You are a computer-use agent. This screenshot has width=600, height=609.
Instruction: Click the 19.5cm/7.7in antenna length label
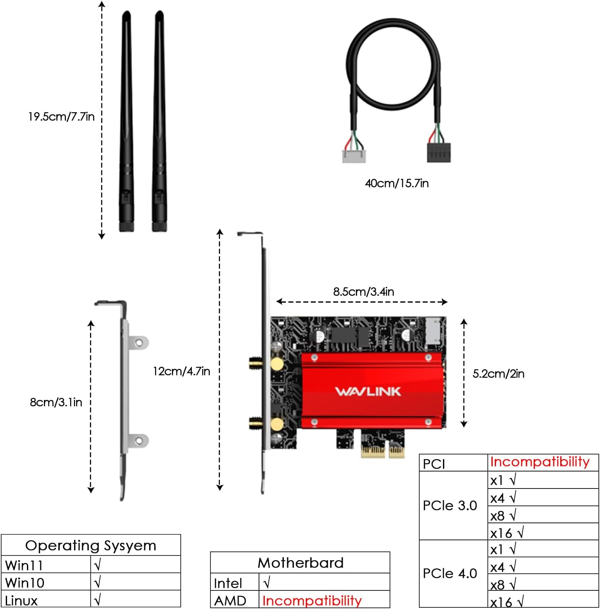61,117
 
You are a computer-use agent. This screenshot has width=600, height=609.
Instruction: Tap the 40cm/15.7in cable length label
397,183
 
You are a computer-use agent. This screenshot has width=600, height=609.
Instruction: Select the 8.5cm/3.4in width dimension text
363,292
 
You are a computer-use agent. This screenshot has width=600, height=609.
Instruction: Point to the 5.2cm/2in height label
498,374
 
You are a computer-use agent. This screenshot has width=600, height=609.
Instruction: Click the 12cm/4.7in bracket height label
181,371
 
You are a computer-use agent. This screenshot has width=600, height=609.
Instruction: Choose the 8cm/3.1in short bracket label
56,402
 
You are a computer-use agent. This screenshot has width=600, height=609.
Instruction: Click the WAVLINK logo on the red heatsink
368,391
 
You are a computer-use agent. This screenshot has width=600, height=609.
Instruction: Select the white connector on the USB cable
353,156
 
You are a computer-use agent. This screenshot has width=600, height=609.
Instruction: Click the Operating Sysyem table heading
91,546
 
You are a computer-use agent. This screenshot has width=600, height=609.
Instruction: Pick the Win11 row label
24,565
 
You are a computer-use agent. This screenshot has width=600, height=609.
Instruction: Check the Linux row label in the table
21,601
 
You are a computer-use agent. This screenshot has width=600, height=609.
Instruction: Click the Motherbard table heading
300,563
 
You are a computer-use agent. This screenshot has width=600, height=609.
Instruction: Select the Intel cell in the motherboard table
228,583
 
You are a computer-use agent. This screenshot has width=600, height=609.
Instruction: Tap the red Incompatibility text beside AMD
312,601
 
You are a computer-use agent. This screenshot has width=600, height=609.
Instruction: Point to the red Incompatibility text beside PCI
540,462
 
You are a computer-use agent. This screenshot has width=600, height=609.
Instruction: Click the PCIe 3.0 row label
450,505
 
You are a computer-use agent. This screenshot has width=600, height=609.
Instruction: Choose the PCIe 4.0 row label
450,573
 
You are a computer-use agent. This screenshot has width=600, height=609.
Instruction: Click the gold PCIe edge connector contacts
382,452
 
